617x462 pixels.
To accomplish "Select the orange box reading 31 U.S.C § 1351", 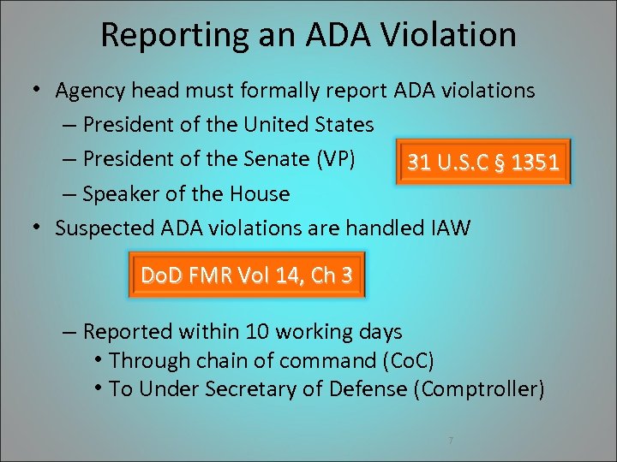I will pos(484,163).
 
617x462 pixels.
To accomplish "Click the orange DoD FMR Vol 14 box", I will pos(246,275).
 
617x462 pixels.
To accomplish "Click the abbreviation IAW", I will pos(451,228).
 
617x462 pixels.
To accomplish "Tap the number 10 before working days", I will pos(256,332).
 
